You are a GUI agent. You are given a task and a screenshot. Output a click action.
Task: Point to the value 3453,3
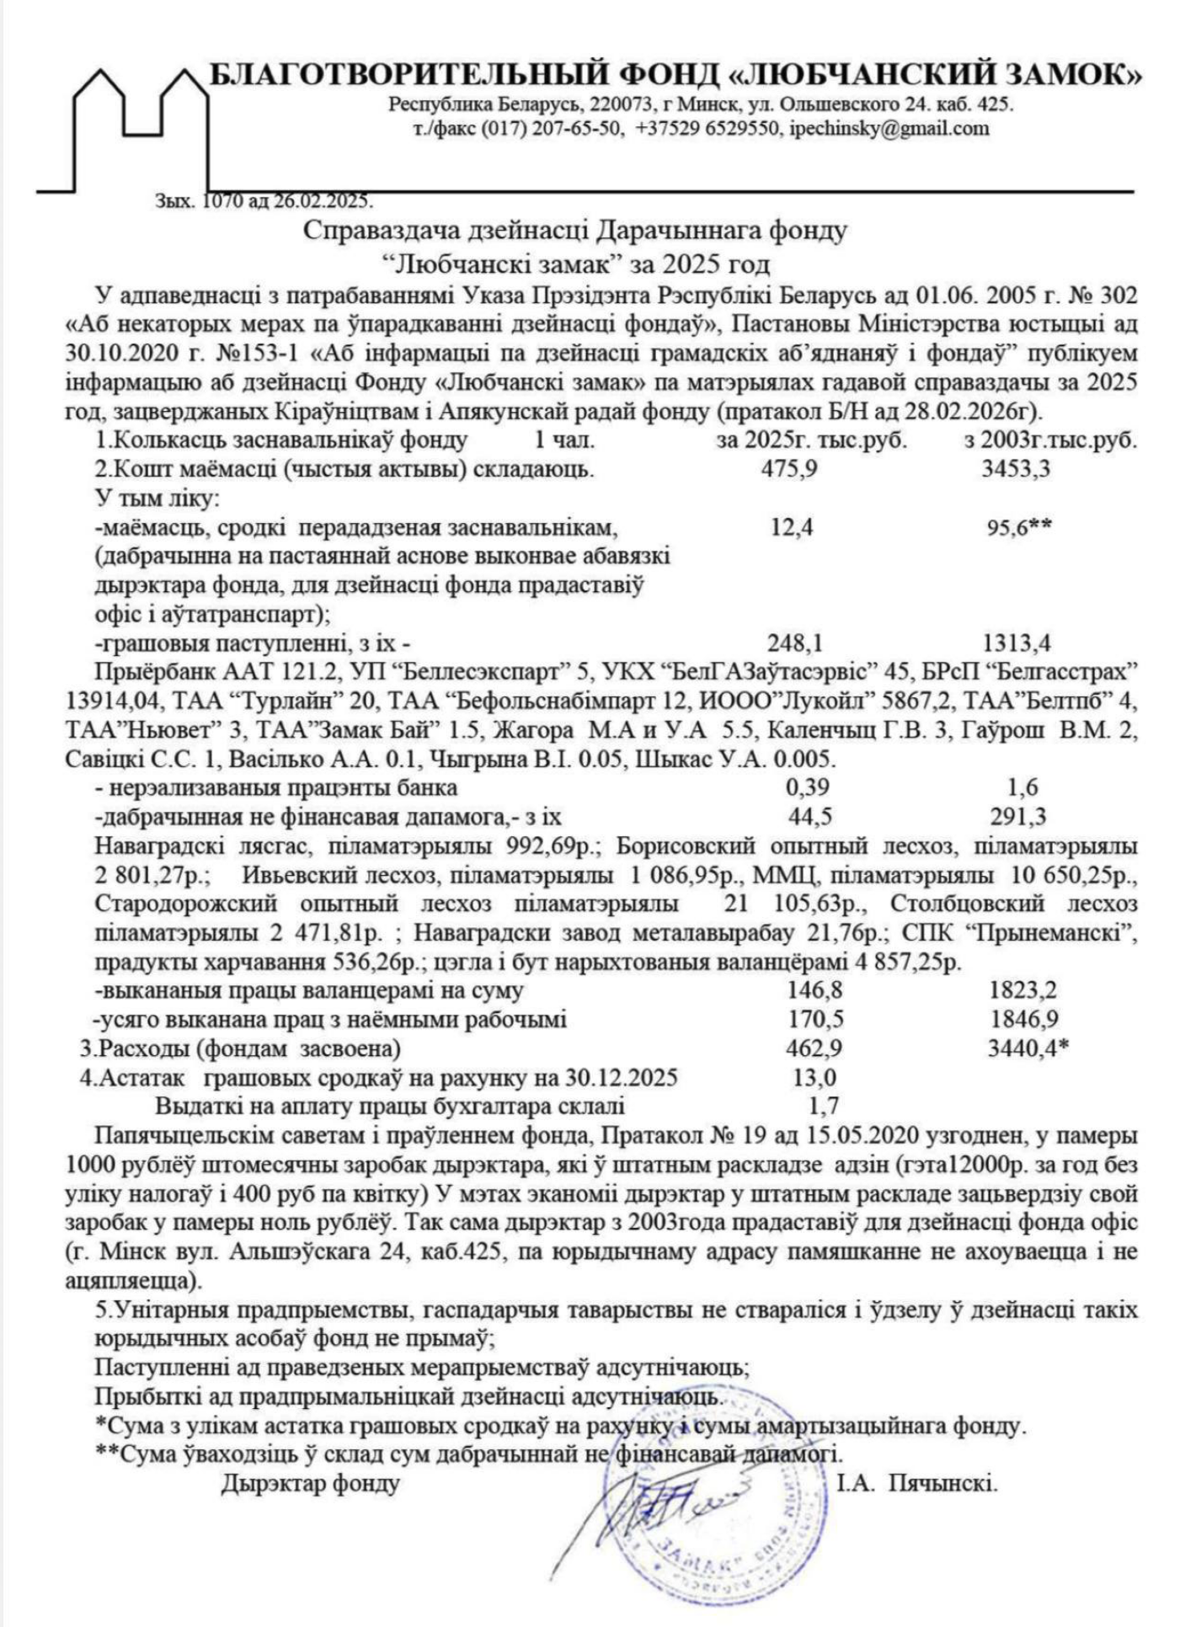1015,469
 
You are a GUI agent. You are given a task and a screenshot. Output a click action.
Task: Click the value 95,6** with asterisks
1018,528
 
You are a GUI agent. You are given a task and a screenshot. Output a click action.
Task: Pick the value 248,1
794,644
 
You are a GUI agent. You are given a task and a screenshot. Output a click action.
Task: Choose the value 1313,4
1017,644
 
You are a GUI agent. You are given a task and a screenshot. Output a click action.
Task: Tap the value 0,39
807,788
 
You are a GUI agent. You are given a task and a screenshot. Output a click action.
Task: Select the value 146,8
814,990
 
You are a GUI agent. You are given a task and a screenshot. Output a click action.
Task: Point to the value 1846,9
1023,1020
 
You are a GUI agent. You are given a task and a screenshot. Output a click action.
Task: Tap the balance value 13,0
814,1078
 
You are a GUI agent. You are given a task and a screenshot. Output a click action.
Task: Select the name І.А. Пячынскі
917,1483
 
